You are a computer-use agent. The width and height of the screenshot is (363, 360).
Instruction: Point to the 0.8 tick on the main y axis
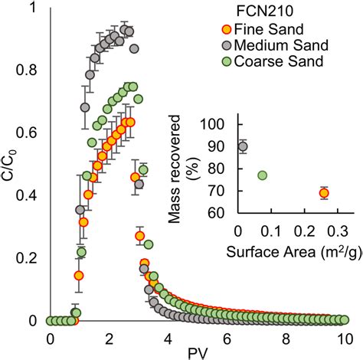[31, 70]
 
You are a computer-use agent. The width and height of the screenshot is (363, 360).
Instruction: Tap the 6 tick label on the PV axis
[227, 338]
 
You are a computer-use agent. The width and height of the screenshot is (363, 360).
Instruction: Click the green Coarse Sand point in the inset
[263, 175]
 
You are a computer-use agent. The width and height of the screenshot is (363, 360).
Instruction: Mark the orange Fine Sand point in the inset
[324, 193]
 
